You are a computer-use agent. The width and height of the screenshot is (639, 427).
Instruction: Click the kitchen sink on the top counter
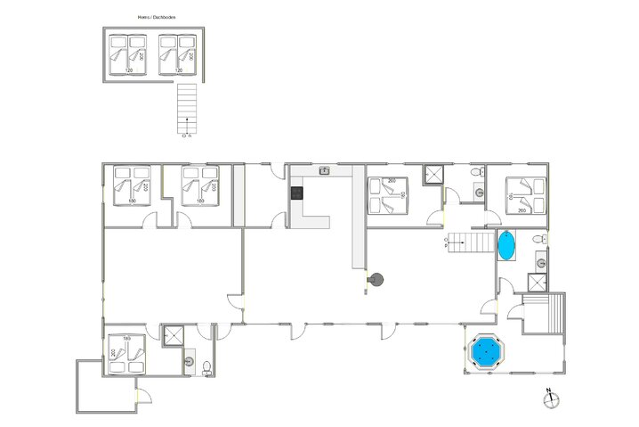325,170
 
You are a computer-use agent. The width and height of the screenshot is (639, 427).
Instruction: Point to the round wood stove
377,281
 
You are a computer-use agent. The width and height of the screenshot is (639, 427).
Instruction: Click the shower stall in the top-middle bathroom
433,175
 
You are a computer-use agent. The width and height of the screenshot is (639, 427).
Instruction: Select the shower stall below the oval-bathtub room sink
538,283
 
